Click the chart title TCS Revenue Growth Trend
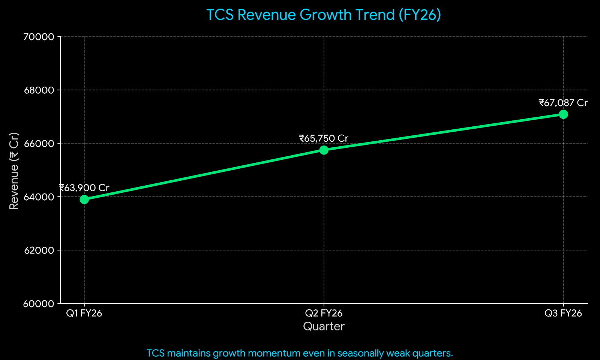point(323,15)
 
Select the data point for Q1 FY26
point(84,199)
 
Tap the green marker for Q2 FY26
point(324,150)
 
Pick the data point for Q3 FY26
point(563,114)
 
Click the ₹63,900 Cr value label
point(84,188)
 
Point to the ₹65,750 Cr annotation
point(324,138)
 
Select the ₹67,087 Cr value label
point(563,103)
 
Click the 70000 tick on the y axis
point(39,37)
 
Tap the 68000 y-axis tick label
point(39,90)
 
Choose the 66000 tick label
point(39,143)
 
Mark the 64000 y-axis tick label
point(39,197)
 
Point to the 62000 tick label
point(39,250)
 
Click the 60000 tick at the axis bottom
point(39,304)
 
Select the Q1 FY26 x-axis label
point(84,313)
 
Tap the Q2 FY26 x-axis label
point(324,313)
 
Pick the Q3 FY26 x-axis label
point(563,313)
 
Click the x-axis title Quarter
point(324,326)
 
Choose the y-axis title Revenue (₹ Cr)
point(14,171)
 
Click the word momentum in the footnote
point(276,353)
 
